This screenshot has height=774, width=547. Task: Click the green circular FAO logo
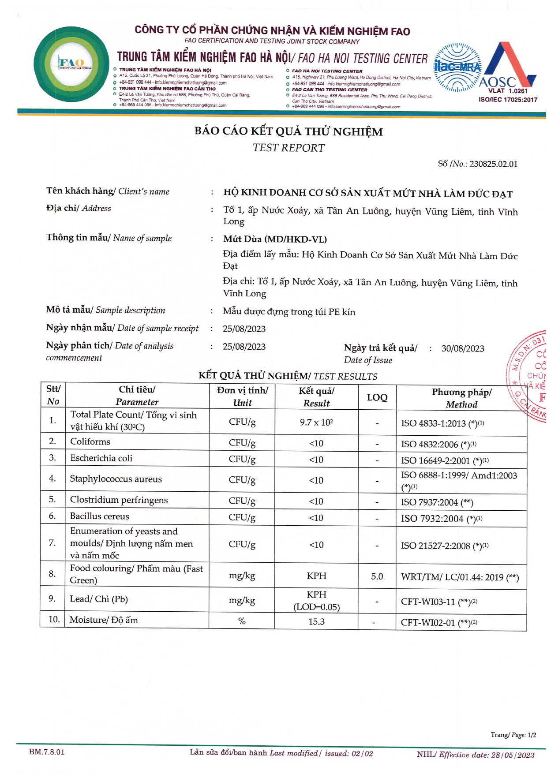71,64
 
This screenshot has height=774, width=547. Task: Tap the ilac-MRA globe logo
457,67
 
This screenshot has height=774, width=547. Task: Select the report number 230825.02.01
493,164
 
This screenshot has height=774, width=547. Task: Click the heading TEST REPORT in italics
288,148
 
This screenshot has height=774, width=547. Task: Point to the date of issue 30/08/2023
463,348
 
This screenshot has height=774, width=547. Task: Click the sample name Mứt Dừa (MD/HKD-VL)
275,239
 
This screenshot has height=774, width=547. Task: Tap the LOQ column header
377,397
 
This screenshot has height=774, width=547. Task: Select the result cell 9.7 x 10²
316,422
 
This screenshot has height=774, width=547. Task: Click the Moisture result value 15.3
316,621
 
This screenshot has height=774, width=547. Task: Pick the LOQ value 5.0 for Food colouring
377,576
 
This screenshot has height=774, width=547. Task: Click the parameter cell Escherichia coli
101,458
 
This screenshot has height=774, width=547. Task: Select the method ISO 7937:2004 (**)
437,502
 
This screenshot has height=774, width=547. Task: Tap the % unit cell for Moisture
242,621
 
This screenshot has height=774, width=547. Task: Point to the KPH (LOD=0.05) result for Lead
316,601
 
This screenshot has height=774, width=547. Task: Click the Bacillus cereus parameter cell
100,516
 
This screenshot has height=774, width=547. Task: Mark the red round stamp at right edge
529,375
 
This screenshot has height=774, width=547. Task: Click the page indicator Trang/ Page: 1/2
513,735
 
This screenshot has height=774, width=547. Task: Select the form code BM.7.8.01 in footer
47,752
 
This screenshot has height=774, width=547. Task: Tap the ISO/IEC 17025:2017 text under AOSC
508,100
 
